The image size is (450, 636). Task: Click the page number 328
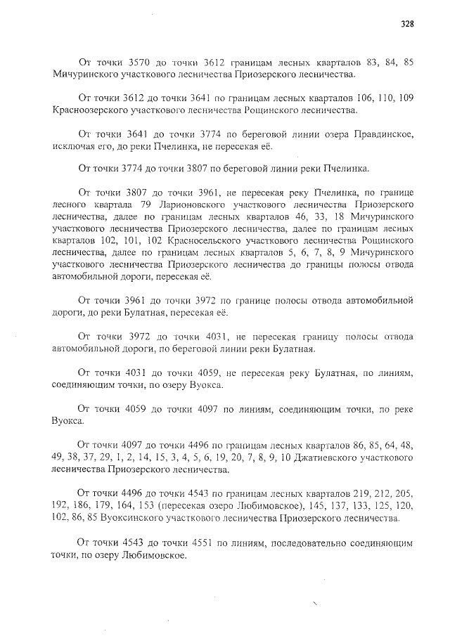coord(407,23)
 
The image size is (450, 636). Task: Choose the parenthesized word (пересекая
coord(182,506)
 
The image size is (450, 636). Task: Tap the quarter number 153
coord(146,506)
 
